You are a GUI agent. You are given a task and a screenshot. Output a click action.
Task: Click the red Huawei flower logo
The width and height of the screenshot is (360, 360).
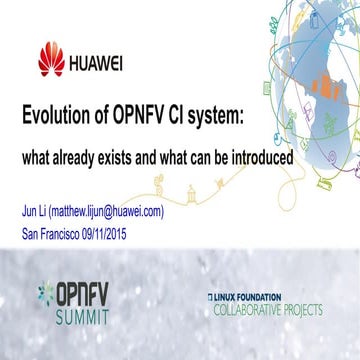(x=51, y=61)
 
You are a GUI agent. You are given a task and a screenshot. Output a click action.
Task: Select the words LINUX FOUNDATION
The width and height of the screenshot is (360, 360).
(x=253, y=296)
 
